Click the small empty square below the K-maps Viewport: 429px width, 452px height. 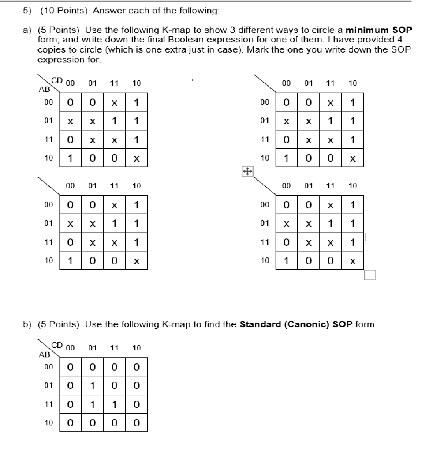tap(370, 275)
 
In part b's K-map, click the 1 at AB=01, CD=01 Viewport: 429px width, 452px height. tap(92, 386)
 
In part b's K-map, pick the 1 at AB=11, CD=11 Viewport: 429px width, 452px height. tap(114, 404)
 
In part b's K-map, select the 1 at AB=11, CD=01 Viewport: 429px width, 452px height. tap(92, 404)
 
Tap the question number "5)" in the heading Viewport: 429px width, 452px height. tap(28, 11)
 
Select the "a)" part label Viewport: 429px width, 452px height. tap(27, 30)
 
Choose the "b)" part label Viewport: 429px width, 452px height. tap(27, 324)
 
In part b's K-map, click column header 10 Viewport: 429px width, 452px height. tap(136, 348)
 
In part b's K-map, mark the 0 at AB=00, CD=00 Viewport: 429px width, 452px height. tap(70, 367)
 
